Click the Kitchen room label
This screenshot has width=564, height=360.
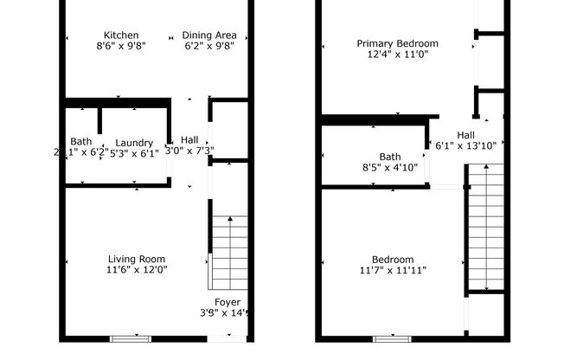pyautogui.click(x=120, y=35)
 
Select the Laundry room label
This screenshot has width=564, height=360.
pyautogui.click(x=134, y=143)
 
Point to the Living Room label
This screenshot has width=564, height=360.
pyautogui.click(x=136, y=259)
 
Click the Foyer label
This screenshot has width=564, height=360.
pyautogui.click(x=228, y=303)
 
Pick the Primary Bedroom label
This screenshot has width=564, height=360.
pyautogui.click(x=397, y=43)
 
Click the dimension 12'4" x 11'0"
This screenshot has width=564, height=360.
pyautogui.click(x=397, y=54)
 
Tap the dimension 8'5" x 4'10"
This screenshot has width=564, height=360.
pyautogui.click(x=389, y=167)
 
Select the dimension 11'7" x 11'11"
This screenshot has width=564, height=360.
pyautogui.click(x=392, y=270)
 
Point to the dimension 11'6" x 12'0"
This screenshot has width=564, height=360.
pyautogui.click(x=136, y=269)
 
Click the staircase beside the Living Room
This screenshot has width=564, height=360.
pyautogui.click(x=230, y=253)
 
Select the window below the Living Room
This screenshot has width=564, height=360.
pyautogui.click(x=130, y=338)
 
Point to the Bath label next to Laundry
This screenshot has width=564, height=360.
pyautogui.click(x=80, y=142)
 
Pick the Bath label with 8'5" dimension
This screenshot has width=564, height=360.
pyautogui.click(x=389, y=157)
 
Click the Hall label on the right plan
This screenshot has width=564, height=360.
pyautogui.click(x=465, y=135)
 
